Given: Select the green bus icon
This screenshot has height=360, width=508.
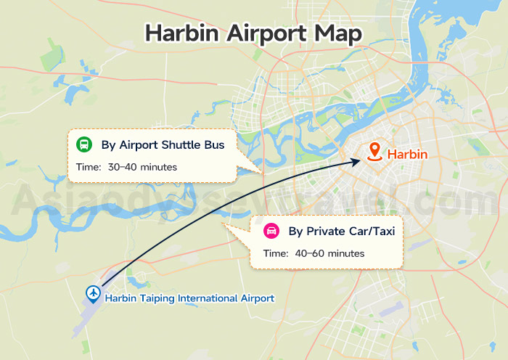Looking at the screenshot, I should pyautogui.click(x=85, y=144).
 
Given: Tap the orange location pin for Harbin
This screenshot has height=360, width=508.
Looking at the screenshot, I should pyautogui.click(x=374, y=152).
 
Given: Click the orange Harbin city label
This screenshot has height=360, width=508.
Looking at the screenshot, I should pyautogui.click(x=407, y=154).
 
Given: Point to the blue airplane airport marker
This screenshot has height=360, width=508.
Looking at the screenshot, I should pyautogui.click(x=93, y=292).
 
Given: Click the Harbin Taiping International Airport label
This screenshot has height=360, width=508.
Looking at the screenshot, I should pyautogui.click(x=189, y=298).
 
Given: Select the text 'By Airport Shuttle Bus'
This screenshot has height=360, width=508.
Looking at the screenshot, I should pyautogui.click(x=163, y=144).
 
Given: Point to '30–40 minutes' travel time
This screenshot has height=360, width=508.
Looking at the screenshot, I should pyautogui.click(x=142, y=168).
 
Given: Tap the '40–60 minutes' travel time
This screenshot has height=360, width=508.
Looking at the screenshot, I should pyautogui.click(x=329, y=253).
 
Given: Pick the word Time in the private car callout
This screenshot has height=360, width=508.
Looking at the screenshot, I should pyautogui.click(x=275, y=253).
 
